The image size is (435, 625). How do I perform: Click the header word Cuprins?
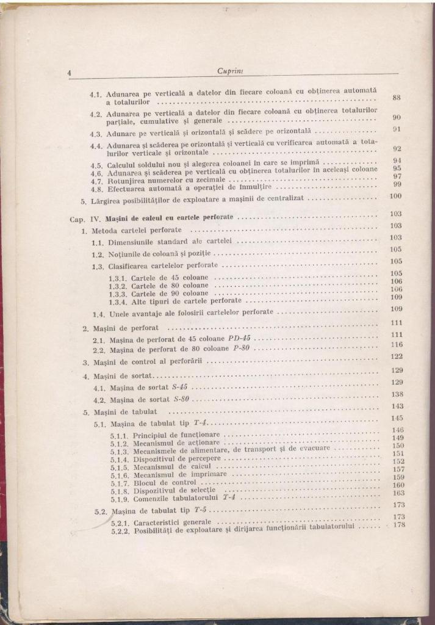point(229,71)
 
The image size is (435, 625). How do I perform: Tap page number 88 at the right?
point(396,98)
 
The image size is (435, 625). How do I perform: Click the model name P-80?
point(242,350)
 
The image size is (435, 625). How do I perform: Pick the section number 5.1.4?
point(120,458)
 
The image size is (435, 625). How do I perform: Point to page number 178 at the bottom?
point(400,525)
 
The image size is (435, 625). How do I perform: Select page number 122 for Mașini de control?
point(397,356)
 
